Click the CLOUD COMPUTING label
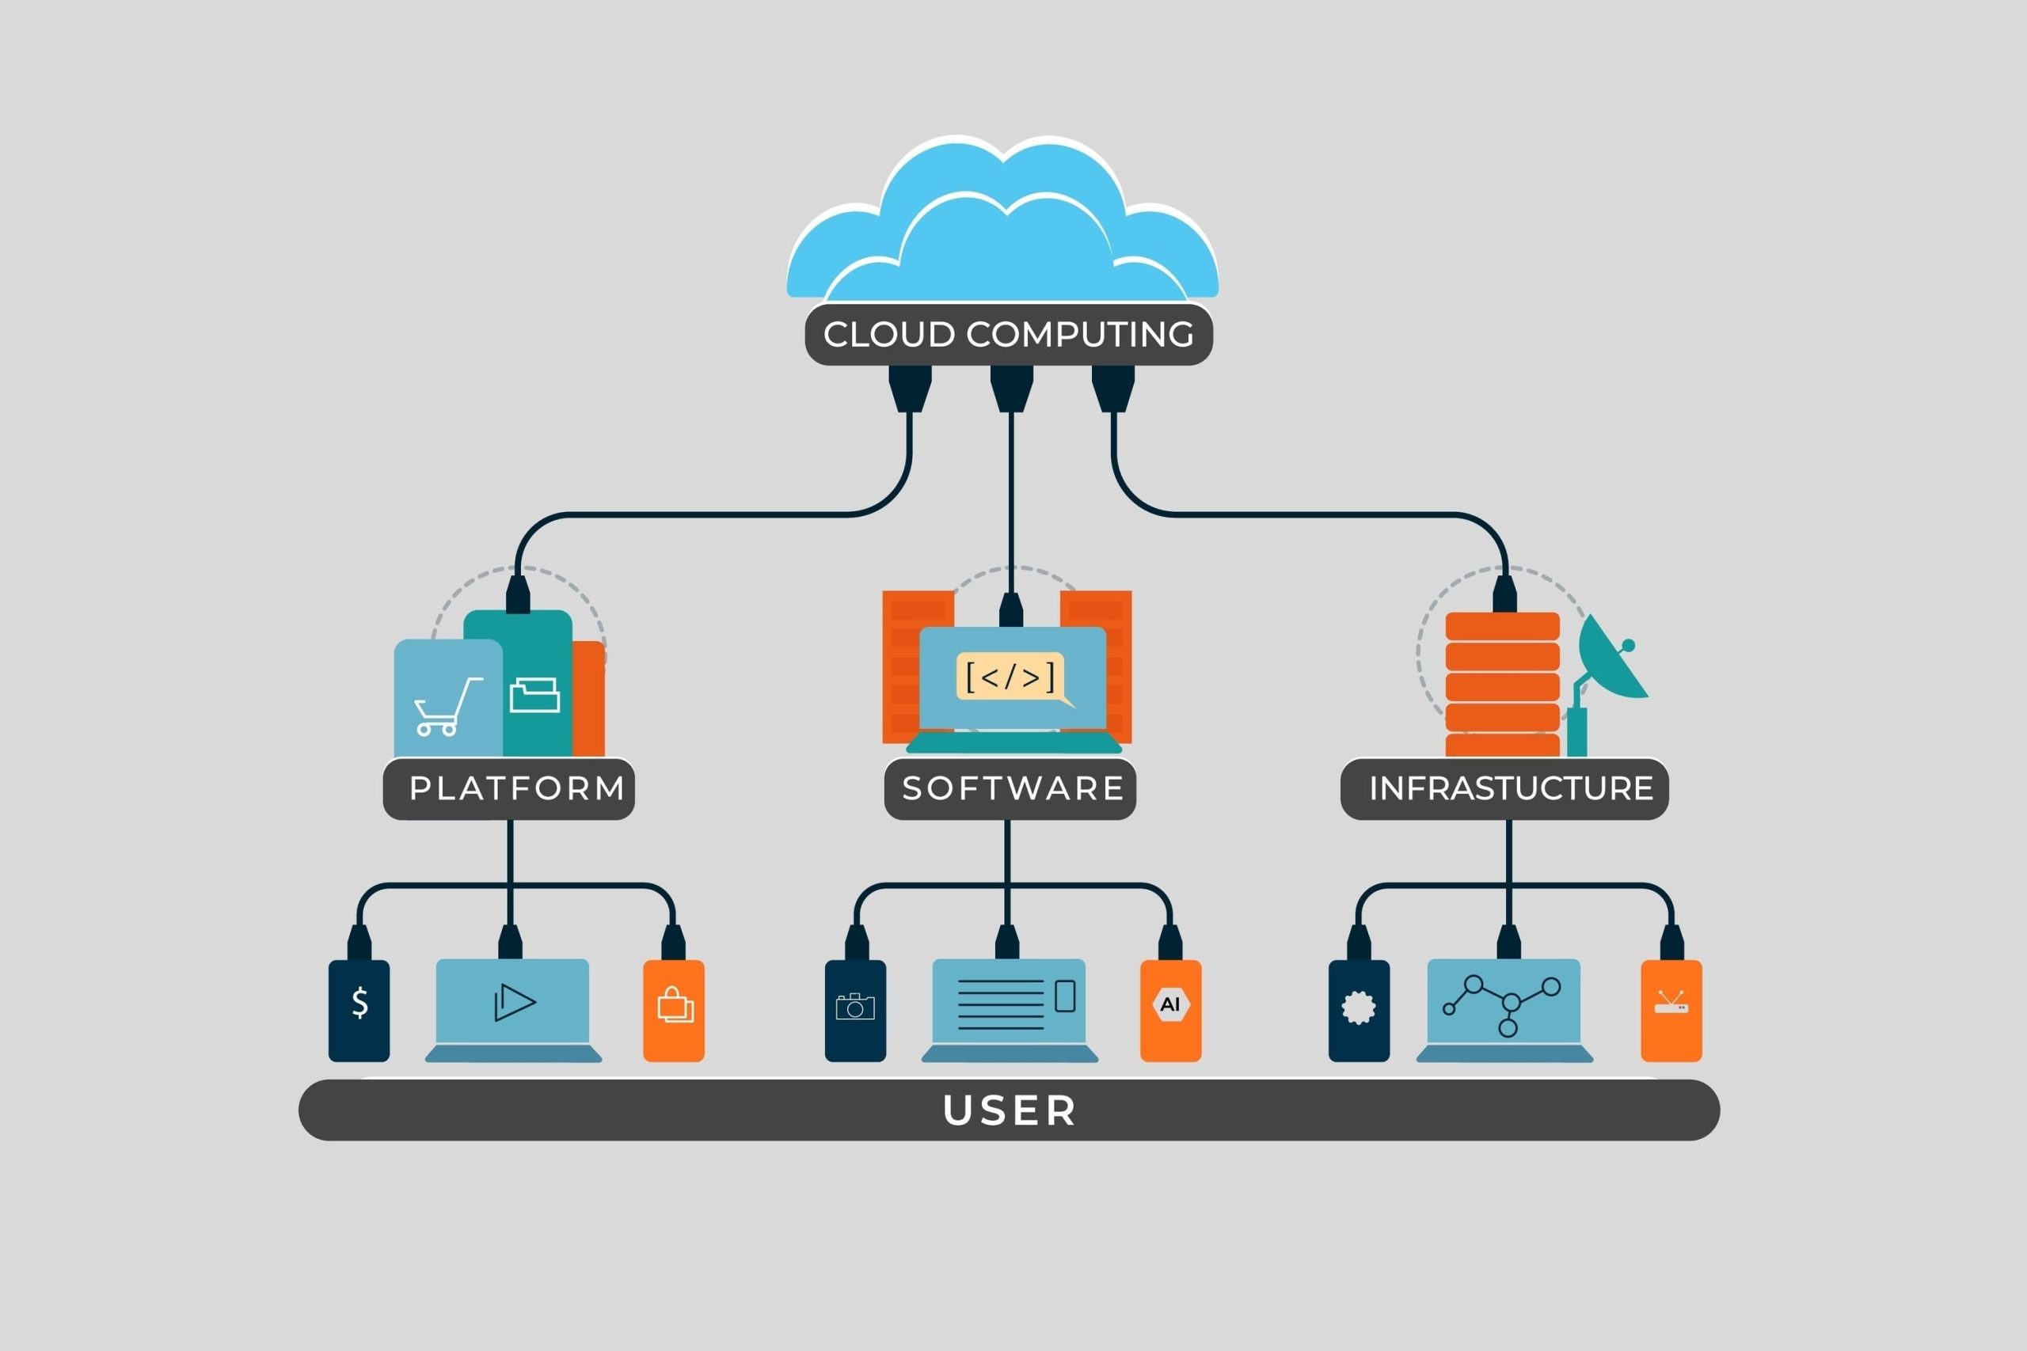click(1008, 334)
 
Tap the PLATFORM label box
click(509, 788)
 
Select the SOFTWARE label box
click(1010, 788)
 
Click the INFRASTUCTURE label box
click(1504, 788)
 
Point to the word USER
click(1010, 1110)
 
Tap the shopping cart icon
click(447, 708)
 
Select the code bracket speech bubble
click(1010, 677)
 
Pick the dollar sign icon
click(360, 1003)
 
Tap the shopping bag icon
click(675, 1004)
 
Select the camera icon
click(855, 1007)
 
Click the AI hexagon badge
click(1170, 1004)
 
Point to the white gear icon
click(1358, 1008)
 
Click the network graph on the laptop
click(1500, 1003)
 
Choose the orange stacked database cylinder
click(1502, 684)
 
